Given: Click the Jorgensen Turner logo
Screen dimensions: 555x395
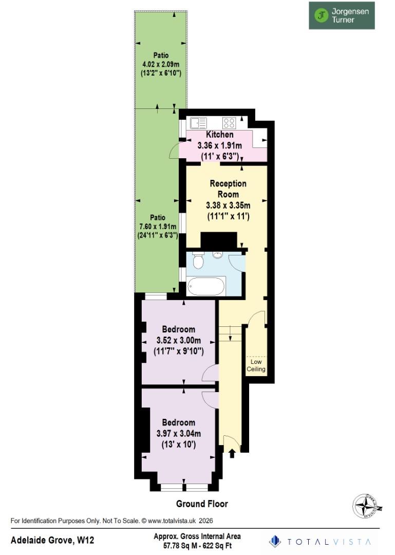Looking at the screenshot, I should point(342,15).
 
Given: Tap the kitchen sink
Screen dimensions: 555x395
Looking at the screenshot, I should point(198,123).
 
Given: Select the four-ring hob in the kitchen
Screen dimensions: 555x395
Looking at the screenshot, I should point(229,123).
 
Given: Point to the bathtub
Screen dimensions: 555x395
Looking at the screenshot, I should point(206,286).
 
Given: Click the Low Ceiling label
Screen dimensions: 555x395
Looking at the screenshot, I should point(256,365).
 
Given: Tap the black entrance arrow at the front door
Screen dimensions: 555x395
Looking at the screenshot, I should point(232,453).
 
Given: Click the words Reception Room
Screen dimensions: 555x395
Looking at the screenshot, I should point(228,189).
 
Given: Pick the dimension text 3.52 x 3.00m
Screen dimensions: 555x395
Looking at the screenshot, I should point(178,341).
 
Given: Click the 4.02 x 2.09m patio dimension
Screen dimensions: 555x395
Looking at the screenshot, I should point(160,64).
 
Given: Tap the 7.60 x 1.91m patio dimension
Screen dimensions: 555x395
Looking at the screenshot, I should point(157,227).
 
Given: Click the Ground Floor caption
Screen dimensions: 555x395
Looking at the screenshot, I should point(202,504).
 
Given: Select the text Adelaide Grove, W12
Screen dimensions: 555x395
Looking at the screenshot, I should point(52,540).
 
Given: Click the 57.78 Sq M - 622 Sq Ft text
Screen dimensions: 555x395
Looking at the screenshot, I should point(197,545).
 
